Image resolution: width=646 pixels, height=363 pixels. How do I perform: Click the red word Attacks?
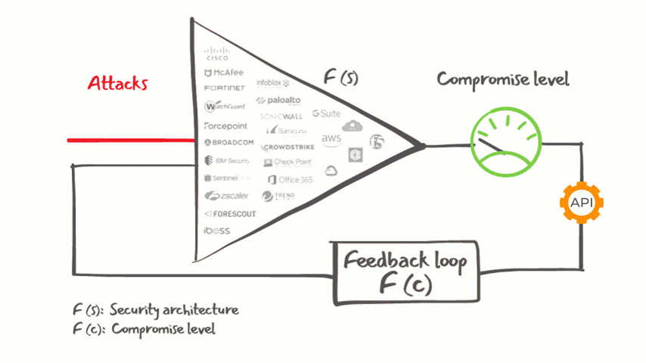pyautogui.click(x=117, y=83)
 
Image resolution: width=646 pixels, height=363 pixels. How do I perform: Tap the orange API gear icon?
pyautogui.click(x=582, y=202)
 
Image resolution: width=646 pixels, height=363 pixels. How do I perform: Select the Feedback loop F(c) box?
pyautogui.click(x=405, y=272)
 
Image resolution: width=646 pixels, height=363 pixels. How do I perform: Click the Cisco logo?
pyautogui.click(x=217, y=54)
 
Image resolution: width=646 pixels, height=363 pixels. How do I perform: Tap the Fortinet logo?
pyautogui.click(x=225, y=89)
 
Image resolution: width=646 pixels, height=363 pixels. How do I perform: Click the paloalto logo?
pyautogui.click(x=279, y=100)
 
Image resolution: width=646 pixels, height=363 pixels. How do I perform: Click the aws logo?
pyautogui.click(x=331, y=138)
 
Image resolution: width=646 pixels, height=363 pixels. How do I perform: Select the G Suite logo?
pyautogui.click(x=326, y=113)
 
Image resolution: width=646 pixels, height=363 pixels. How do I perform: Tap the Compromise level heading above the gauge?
pyautogui.click(x=502, y=79)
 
